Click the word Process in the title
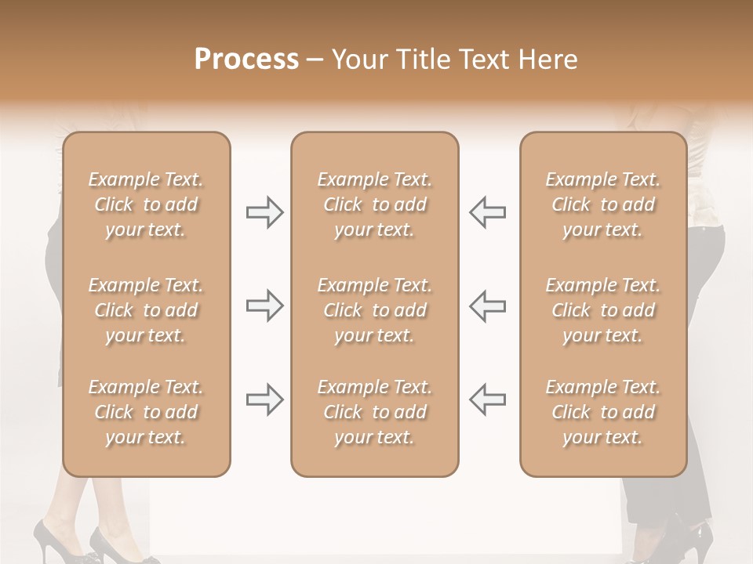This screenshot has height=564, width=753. point(246,60)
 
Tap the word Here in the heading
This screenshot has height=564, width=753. point(548,60)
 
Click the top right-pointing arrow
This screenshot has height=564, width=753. point(264,212)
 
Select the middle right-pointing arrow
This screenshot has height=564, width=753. point(264,305)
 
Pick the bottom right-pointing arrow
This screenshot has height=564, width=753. point(264,399)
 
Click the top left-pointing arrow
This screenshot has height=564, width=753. point(487,212)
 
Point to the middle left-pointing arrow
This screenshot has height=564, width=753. point(487,305)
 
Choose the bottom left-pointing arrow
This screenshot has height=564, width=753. point(487,399)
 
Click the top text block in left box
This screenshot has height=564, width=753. point(146,204)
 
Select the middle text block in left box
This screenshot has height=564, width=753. point(146,310)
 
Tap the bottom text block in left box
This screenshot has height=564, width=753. point(146,412)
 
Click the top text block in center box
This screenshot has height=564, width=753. point(374,204)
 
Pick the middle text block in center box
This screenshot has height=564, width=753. point(374,310)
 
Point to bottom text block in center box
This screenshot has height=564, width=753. point(374,412)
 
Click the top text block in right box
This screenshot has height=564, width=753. point(602,204)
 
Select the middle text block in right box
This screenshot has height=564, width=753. point(602,310)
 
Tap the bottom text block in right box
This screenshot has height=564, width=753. point(602,412)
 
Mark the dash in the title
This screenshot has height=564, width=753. point(315,60)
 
